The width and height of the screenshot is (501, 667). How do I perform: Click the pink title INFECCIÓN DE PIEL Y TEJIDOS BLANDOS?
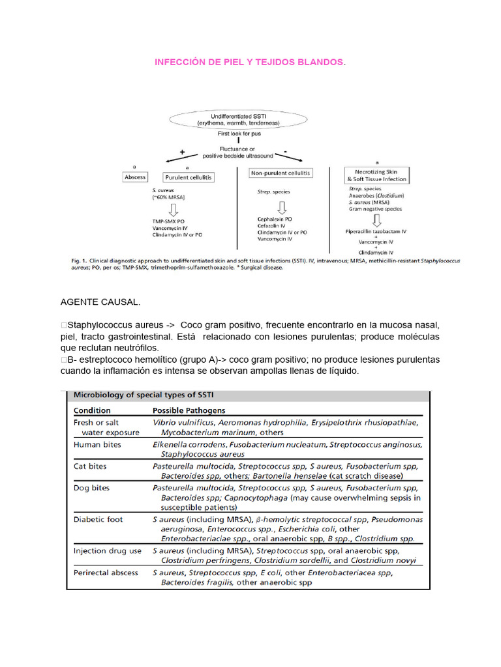[248, 61]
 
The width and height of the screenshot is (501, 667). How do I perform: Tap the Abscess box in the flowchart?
[135, 177]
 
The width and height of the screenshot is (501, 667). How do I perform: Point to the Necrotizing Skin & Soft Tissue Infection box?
[376, 175]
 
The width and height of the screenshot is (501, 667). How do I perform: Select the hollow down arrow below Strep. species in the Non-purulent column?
[282, 207]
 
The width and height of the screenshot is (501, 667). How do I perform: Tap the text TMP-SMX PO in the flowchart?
[168, 221]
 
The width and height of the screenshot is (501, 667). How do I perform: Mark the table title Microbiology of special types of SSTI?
[147, 395]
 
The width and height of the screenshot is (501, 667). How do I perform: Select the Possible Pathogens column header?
[189, 410]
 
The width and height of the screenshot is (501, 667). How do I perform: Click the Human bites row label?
[98, 445]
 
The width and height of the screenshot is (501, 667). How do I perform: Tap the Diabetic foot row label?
[99, 519]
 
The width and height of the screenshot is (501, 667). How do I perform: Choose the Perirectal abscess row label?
[106, 573]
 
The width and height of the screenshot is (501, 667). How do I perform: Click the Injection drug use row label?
[108, 550]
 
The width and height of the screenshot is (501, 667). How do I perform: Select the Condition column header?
[92, 410]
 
